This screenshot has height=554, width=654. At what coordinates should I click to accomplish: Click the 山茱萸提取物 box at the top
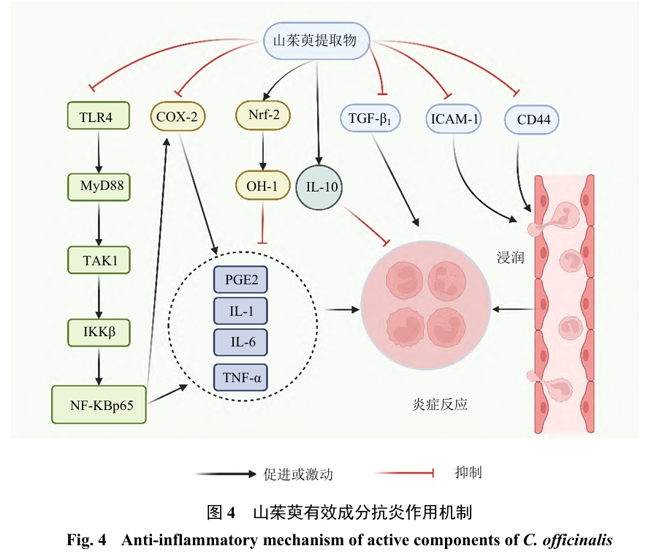[x=316, y=40]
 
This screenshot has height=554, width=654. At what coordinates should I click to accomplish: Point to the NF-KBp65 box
[x=100, y=404]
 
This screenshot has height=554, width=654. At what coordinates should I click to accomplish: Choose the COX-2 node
[x=178, y=115]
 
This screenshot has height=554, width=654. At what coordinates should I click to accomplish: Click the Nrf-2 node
[x=263, y=115]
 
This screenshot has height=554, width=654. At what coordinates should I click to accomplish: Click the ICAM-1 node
[x=453, y=118]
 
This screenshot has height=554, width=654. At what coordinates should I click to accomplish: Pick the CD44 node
[x=533, y=118]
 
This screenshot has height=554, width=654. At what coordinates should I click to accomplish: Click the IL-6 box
[x=240, y=342]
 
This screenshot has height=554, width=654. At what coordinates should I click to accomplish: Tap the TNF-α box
[x=240, y=378]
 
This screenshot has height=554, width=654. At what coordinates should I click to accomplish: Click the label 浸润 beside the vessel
[x=509, y=257]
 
